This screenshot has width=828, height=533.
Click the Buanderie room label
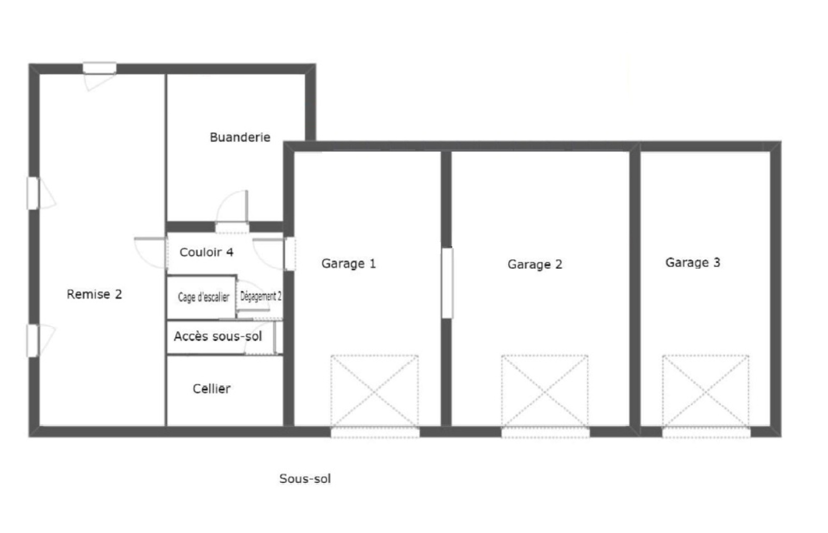[240, 138]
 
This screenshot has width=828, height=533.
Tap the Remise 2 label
[94, 294]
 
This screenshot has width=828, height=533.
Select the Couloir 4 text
[206, 252]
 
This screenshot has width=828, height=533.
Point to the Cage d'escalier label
[203, 297]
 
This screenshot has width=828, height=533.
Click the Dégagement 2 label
[261, 296]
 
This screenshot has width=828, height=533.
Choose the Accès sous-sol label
[218, 336]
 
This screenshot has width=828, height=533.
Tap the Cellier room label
[212, 389]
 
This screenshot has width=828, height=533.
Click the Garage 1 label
[349, 263]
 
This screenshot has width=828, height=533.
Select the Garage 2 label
[535, 264]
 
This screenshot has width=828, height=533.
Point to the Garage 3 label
[693, 262]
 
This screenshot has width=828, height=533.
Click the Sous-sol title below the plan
[305, 479]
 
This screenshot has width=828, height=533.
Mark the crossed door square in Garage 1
[375, 391]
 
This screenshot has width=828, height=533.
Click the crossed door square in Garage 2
[545, 391]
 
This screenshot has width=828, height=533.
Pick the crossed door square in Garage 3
[706, 391]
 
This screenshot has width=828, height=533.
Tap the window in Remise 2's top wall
[99, 68]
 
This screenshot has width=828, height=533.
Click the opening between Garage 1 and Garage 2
[447, 283]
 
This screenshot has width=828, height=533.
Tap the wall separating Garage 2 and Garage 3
[634, 289]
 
